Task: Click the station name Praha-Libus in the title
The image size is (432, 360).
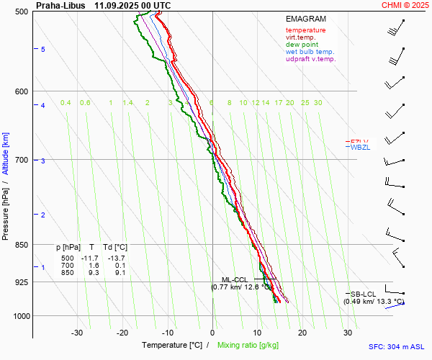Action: pos(60,5)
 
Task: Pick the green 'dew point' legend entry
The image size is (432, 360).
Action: pos(302,45)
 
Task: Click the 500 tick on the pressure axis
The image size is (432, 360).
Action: pos(22,12)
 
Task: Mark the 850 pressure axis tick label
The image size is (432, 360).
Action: pos(22,246)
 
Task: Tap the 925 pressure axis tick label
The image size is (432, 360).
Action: pos(22,283)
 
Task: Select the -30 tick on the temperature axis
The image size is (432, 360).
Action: pos(77,333)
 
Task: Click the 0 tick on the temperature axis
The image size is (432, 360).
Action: pos(212,333)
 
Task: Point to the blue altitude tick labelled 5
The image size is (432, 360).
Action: pos(43,50)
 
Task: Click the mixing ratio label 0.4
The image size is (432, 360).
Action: pos(66,103)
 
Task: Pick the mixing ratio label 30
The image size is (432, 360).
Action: pos(318,103)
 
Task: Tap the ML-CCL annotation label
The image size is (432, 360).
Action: pos(234,279)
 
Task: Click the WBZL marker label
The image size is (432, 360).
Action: pos(360,148)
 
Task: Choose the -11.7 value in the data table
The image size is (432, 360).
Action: pos(89,258)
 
